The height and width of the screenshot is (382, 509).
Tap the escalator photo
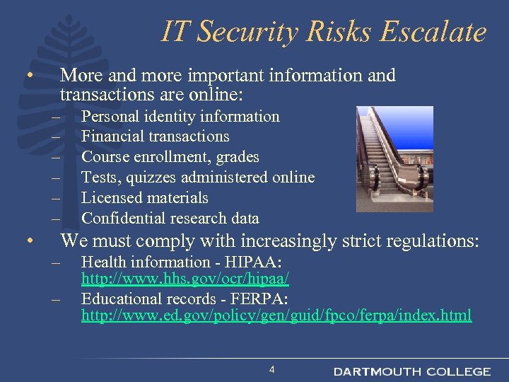394,152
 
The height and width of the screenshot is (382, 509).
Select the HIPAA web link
185,279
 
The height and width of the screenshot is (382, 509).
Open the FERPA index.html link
276,316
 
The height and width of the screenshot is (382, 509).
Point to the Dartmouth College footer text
411,371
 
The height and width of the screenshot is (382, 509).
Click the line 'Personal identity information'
180,116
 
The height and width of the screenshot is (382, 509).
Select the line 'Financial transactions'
156,136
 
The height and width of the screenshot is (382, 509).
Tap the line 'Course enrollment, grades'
170,156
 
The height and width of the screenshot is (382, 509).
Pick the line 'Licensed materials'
145,197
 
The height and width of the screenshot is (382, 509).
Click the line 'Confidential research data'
170,218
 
